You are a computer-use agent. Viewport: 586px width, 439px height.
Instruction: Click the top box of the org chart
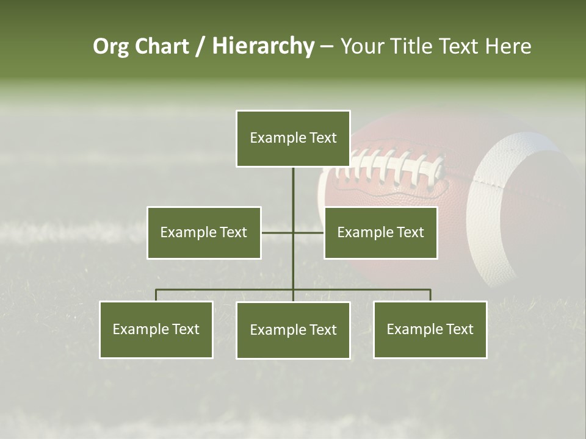coord(293,138)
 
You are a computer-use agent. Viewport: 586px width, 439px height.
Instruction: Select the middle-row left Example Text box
coord(204,232)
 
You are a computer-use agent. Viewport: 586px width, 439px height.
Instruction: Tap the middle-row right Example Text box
coord(380,232)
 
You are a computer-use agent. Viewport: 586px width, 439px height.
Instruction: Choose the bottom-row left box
coord(156,329)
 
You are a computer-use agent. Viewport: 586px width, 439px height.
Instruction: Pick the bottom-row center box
coord(293,330)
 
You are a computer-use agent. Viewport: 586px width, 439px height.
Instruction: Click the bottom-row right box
coord(430,329)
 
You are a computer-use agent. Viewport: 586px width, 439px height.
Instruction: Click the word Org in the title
coord(112,46)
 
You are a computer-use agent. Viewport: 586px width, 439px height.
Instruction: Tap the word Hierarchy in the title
coord(263,46)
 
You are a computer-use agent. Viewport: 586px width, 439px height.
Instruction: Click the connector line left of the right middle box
coord(309,232)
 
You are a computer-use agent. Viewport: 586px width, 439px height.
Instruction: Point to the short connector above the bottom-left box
coord(156,295)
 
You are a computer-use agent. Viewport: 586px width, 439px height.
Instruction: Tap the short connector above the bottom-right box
coord(430,295)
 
